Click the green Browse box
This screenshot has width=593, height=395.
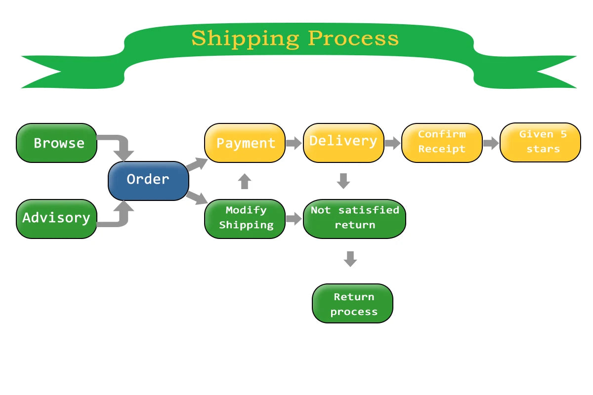[57, 143]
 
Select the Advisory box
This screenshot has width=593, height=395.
[57, 219]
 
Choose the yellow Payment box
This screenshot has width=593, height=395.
[245, 143]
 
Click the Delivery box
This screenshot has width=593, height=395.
[343, 143]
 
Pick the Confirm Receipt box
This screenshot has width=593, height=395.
[442, 143]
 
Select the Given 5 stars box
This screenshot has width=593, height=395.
[540, 142]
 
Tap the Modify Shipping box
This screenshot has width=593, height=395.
[245, 219]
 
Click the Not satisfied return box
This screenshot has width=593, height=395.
[354, 219]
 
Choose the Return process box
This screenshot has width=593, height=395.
[353, 304]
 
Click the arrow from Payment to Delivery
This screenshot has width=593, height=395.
[294, 143]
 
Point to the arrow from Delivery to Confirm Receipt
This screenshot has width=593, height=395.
[392, 143]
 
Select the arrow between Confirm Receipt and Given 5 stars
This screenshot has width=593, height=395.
[491, 143]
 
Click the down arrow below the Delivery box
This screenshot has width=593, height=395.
[343, 181]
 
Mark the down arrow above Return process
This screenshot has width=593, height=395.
[350, 259]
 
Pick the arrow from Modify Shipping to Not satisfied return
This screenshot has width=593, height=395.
[294, 219]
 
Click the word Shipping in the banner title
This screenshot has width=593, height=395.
[246, 39]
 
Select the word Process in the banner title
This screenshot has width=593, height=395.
[353, 39]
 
